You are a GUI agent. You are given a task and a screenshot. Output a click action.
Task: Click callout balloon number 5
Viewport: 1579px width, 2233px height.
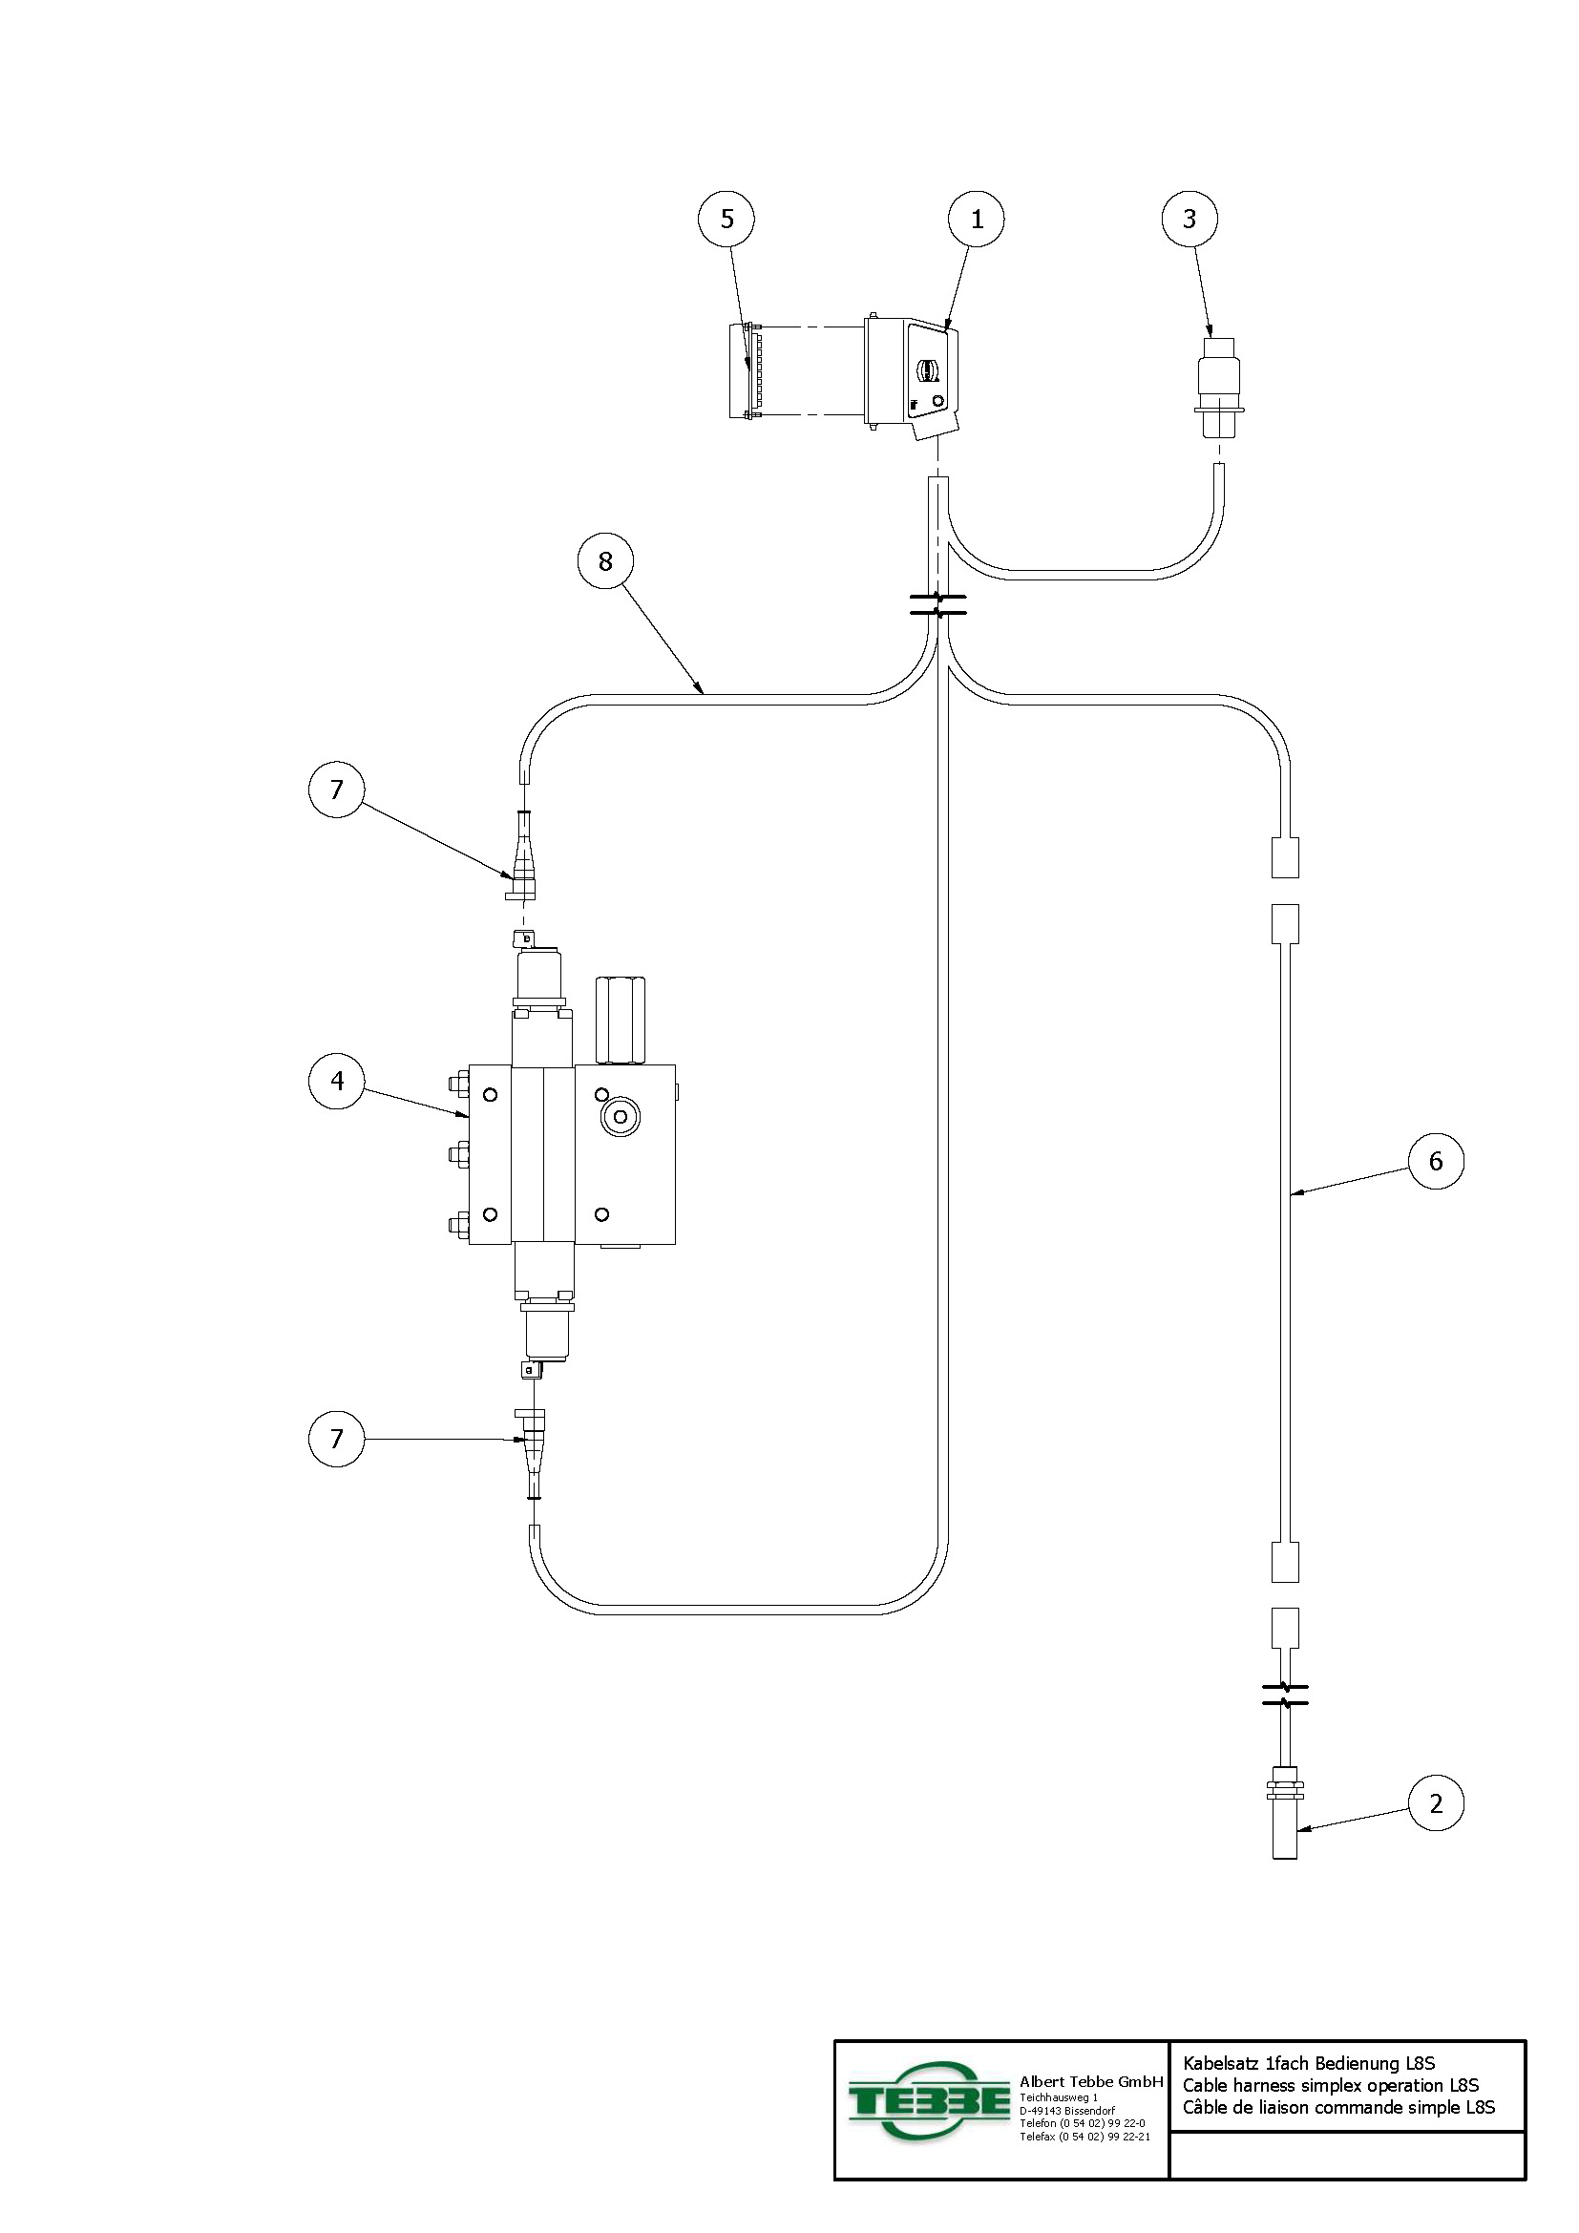(x=726, y=219)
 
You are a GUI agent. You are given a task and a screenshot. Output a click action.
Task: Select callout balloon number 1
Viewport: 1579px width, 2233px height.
(x=977, y=219)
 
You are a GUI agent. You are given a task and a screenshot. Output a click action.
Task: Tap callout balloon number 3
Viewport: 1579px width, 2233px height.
(x=1190, y=219)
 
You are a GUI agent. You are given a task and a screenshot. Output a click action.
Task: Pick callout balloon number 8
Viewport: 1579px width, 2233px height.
(x=604, y=561)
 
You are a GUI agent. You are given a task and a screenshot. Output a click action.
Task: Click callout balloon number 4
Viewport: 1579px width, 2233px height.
(x=336, y=1081)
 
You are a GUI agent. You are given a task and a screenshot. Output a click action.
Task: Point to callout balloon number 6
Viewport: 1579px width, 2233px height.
(x=1435, y=1160)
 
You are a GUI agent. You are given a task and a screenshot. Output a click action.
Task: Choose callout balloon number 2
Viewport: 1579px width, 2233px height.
(x=1435, y=1803)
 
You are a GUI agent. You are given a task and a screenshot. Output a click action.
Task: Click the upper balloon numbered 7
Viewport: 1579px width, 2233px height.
(x=336, y=789)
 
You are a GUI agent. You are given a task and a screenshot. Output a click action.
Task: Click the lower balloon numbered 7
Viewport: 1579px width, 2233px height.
(x=336, y=1439)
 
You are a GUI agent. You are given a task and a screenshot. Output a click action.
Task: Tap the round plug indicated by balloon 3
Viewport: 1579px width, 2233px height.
(x=1218, y=387)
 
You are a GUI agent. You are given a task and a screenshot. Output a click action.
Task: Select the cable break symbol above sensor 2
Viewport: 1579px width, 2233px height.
(x=1284, y=1696)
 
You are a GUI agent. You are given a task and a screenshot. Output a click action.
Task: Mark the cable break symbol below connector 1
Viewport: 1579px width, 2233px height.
(x=937, y=604)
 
